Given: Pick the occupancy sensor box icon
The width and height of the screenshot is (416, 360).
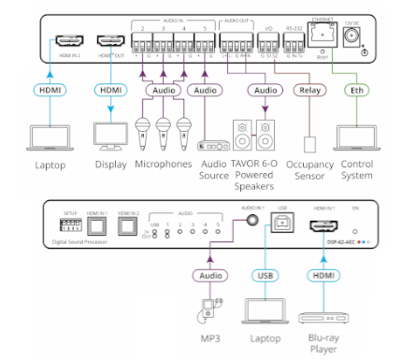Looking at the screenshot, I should (x=308, y=139).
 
